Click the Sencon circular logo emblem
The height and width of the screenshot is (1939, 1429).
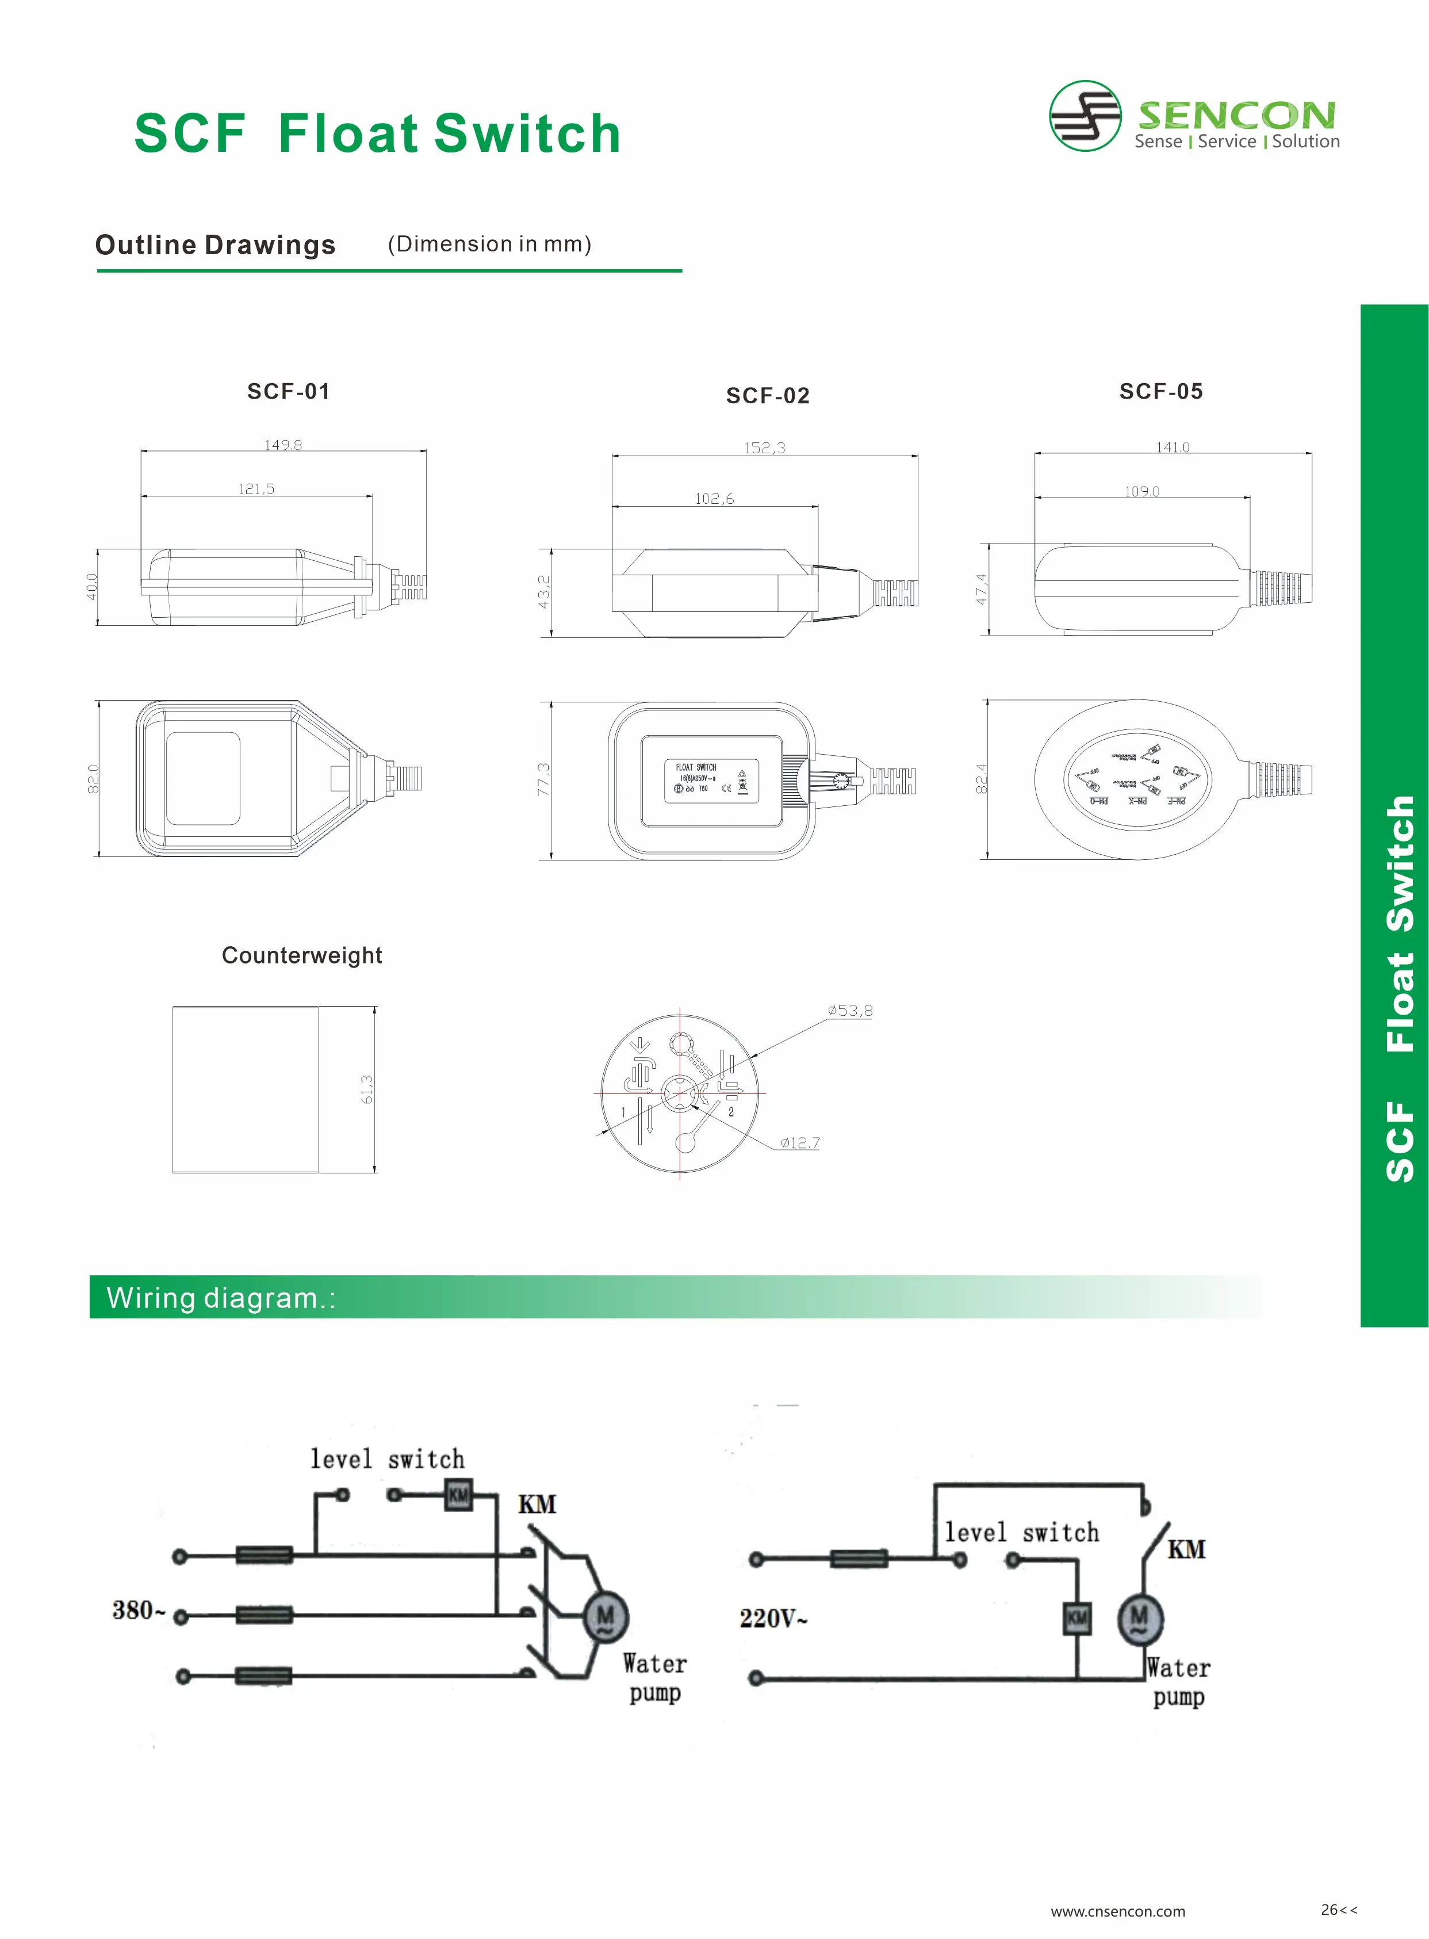(1085, 116)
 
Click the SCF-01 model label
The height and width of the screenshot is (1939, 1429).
(288, 391)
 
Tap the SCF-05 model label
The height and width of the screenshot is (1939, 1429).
(1161, 391)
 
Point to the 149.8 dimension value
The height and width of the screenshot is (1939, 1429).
(283, 445)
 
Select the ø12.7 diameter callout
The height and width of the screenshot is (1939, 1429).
(799, 1142)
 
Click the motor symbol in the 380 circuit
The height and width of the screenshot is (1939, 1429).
(606, 1616)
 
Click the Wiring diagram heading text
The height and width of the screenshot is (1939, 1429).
(221, 1298)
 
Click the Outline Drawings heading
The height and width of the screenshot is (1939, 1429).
(216, 245)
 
